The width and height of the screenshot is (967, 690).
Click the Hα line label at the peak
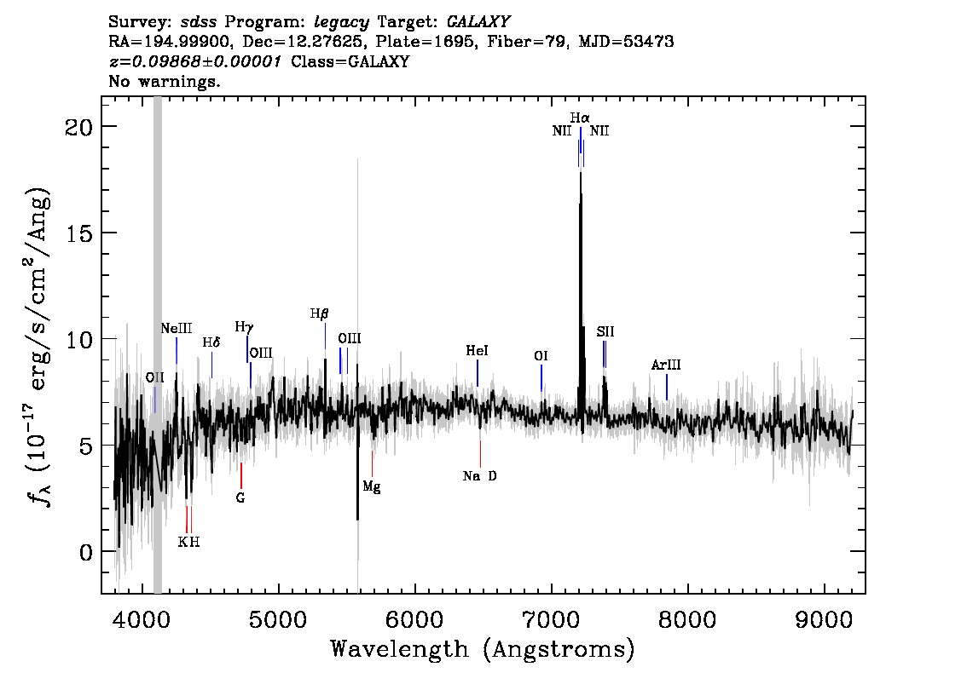(x=580, y=118)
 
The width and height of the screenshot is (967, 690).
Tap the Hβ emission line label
(x=319, y=314)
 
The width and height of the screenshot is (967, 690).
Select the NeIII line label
(x=177, y=328)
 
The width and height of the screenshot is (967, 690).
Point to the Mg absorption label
(x=371, y=487)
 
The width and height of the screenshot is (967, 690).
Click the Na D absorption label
(x=480, y=475)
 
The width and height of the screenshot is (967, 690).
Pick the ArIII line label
(x=666, y=365)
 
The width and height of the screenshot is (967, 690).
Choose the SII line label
(x=605, y=332)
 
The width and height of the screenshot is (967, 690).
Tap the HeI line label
(x=477, y=351)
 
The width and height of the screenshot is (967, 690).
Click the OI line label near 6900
(x=541, y=356)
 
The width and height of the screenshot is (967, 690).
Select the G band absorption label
(x=240, y=497)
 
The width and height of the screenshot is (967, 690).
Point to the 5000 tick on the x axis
(x=279, y=620)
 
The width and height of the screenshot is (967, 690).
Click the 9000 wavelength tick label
(x=824, y=620)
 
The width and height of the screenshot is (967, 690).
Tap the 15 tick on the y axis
(x=78, y=233)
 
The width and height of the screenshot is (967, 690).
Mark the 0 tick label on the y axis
(x=86, y=552)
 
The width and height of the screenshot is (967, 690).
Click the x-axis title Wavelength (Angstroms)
(x=483, y=649)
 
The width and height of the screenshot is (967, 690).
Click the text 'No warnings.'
(x=164, y=81)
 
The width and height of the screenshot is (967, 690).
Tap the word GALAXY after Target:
(x=478, y=22)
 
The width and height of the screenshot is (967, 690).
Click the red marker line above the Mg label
(x=372, y=464)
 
